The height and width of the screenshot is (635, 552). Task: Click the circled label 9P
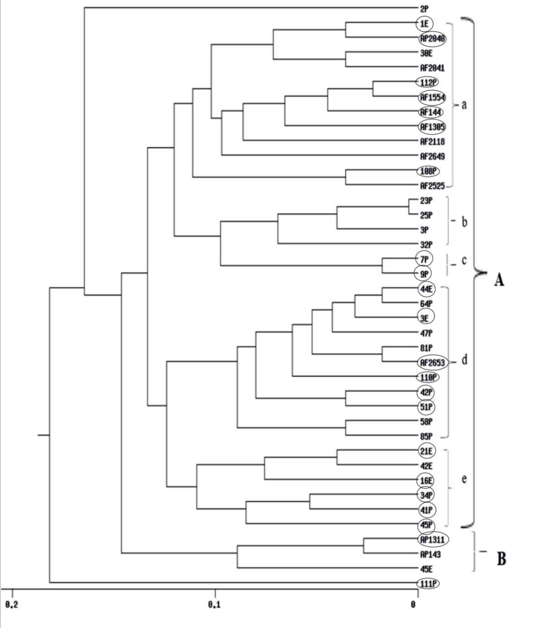pyautogui.click(x=424, y=274)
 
